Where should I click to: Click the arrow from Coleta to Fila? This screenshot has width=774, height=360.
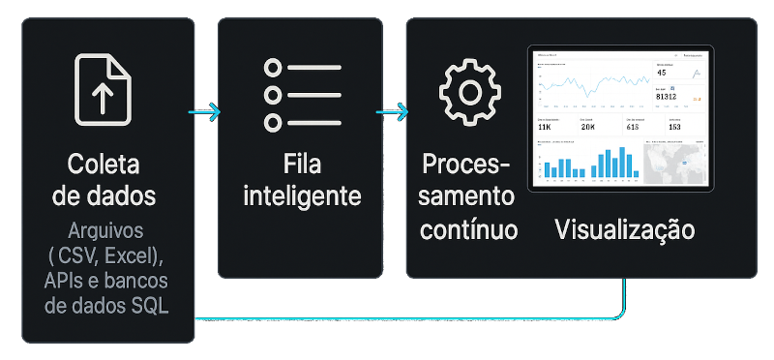click(206, 112)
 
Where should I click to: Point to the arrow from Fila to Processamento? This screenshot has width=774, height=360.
click(392, 112)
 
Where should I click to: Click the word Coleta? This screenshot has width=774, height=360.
click(104, 163)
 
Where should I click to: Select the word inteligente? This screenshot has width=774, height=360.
click(302, 195)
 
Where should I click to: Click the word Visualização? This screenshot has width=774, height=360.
click(625, 229)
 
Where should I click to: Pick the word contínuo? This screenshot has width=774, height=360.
click(469, 229)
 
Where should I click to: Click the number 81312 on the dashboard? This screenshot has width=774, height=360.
click(667, 97)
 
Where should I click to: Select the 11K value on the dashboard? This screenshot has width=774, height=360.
click(544, 127)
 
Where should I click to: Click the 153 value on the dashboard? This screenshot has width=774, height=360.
click(674, 127)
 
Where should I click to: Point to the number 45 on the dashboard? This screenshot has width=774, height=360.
click(662, 73)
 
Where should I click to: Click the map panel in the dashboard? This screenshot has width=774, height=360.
click(676, 163)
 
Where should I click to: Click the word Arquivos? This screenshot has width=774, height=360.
click(104, 232)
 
